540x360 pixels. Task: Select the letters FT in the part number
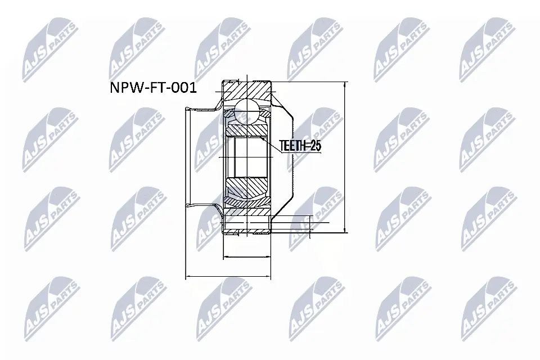[x=151, y=89]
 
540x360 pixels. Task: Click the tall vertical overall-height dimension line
[x=344, y=157]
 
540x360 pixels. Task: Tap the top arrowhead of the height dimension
[x=344, y=85]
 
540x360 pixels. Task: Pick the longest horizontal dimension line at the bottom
[x=228, y=277]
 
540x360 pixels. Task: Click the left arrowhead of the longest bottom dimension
[x=188, y=277]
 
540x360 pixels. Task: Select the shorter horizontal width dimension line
[x=247, y=258]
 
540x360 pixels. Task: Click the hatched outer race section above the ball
[x=247, y=90]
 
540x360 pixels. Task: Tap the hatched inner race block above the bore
[x=247, y=130]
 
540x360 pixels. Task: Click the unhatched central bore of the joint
[x=247, y=157]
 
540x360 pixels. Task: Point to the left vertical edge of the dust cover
[x=186, y=157]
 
